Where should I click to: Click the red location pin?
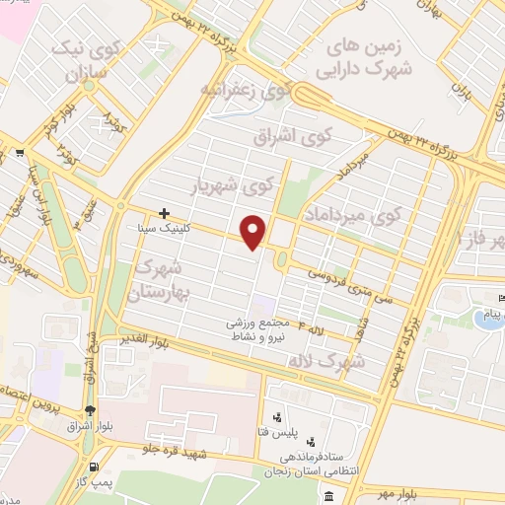pyautogui.click(x=253, y=232)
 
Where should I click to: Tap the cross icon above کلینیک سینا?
pyautogui.click(x=164, y=212)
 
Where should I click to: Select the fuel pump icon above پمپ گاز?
pyautogui.click(x=94, y=467)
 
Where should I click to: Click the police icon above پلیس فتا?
pyautogui.click(x=278, y=417)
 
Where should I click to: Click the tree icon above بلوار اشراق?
pyautogui.click(x=91, y=411)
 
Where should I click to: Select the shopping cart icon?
pyautogui.click(x=20, y=153)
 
